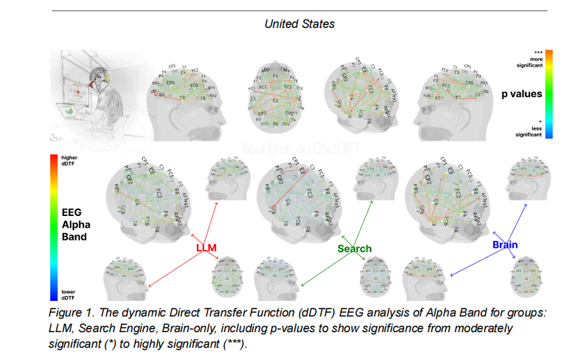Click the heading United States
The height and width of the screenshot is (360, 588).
tap(299, 24)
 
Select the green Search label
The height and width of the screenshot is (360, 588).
tap(354, 249)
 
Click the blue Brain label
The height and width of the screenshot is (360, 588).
tap(505, 245)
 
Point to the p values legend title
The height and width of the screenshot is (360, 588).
tap(526, 94)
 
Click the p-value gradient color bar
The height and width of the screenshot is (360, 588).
tap(549, 94)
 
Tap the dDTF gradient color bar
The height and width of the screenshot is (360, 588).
tap(53, 228)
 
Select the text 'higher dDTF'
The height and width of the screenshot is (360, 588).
tap(69, 162)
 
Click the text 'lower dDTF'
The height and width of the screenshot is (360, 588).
tap(69, 295)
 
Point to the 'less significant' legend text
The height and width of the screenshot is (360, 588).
tap(530, 131)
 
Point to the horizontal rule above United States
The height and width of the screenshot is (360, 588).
tap(299, 11)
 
